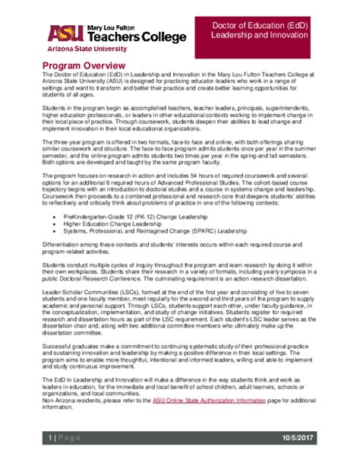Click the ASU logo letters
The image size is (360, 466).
(63, 33)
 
